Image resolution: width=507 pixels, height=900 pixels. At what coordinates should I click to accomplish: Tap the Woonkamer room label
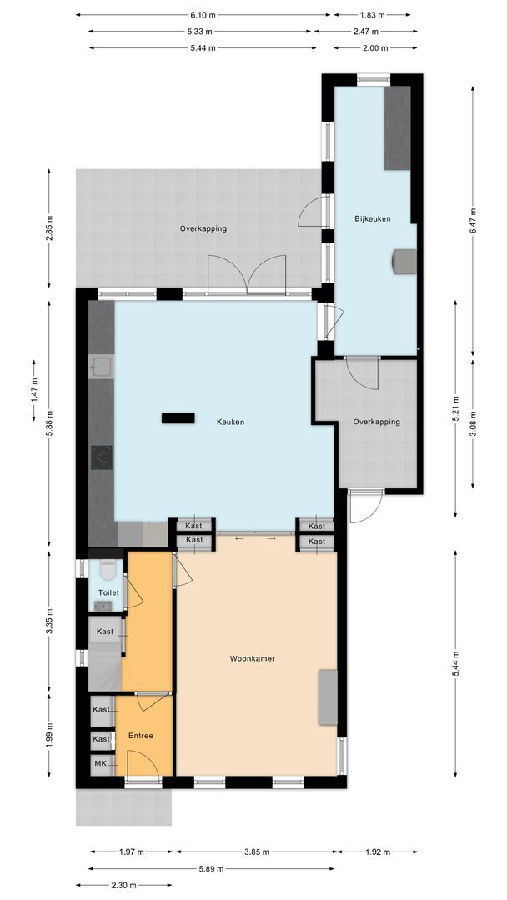[x=252, y=658]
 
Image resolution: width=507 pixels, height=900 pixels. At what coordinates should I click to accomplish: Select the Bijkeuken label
[x=373, y=218]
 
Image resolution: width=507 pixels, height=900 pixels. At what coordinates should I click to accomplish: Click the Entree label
[x=140, y=736]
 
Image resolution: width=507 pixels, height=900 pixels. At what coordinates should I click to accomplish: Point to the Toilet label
[x=108, y=592]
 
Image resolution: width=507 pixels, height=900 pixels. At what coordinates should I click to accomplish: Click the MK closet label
[x=100, y=763]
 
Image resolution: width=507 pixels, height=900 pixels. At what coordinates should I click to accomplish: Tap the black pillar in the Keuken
[x=178, y=417]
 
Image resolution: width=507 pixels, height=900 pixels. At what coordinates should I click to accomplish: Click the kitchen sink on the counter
[x=100, y=366]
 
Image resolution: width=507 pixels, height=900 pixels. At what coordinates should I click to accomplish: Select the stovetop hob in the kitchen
[x=102, y=458]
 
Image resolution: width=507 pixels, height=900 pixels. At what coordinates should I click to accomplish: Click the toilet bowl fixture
[x=107, y=571]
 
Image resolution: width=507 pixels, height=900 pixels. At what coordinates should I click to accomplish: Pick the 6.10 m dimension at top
[x=203, y=15]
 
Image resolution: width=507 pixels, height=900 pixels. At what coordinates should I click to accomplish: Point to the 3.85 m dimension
[x=256, y=852]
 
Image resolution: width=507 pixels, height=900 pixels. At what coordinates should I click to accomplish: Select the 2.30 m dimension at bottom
[x=123, y=884]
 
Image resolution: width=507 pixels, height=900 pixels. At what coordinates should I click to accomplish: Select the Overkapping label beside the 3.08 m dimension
[x=376, y=422]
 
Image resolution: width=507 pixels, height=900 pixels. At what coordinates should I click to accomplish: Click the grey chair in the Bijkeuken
[x=404, y=261]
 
